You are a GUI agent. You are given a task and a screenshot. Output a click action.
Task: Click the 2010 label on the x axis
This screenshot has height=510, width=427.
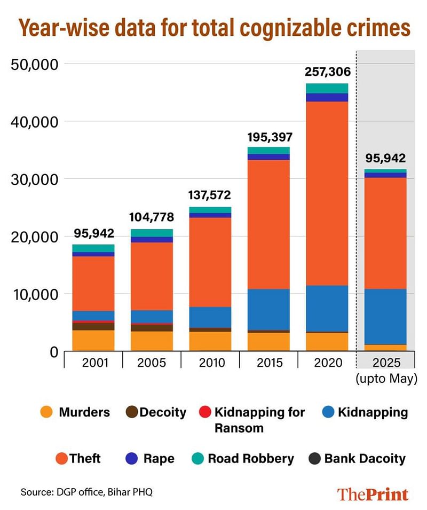click(x=210, y=363)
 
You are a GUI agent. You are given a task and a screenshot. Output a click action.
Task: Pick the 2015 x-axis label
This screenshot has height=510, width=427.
click(x=269, y=363)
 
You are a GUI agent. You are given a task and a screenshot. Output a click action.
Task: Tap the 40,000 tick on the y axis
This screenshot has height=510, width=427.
click(x=34, y=122)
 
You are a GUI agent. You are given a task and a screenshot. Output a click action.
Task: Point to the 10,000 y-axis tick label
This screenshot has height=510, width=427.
click(x=34, y=294)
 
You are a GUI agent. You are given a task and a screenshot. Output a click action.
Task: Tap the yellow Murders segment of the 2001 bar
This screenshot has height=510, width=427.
click(x=93, y=340)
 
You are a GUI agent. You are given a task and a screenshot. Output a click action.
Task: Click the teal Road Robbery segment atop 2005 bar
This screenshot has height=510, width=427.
click(x=152, y=233)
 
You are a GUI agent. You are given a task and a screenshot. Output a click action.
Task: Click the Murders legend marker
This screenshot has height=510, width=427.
click(x=46, y=412)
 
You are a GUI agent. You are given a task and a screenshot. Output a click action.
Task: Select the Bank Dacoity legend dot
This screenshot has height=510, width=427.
click(x=315, y=458)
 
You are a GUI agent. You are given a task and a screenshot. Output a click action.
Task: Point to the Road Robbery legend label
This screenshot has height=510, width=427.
click(x=250, y=458)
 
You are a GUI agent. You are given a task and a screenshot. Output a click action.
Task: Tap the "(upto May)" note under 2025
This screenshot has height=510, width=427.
click(x=386, y=380)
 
